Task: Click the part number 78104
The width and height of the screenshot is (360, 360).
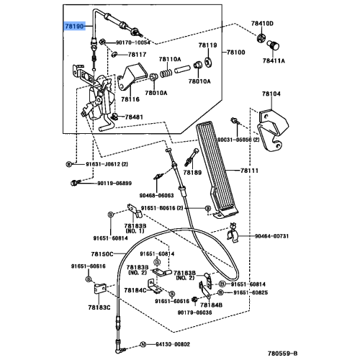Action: pyautogui.click(x=271, y=94)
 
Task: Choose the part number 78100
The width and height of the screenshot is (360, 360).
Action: pyautogui.click(x=236, y=53)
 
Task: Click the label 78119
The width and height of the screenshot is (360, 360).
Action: pyautogui.click(x=208, y=45)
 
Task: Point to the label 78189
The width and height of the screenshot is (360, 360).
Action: pyautogui.click(x=192, y=173)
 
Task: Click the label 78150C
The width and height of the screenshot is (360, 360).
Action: pyautogui.click(x=102, y=254)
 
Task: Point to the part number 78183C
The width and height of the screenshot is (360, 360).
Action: pyautogui.click(x=99, y=307)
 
